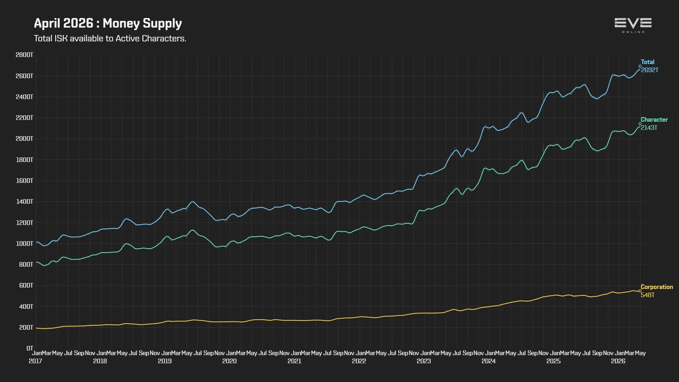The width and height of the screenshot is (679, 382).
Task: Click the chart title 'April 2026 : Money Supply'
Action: coord(108,23)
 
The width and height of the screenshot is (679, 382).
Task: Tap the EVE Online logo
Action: coord(633,25)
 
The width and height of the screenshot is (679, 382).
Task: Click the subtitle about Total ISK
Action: coord(110,38)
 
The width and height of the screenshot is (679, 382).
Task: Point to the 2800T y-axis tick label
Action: coord(24,55)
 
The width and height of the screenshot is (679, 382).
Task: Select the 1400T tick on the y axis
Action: coord(24,202)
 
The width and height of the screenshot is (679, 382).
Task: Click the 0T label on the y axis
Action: coord(30,348)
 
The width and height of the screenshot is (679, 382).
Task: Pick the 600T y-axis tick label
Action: coord(26,285)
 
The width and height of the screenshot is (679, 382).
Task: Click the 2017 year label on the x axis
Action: coord(35,361)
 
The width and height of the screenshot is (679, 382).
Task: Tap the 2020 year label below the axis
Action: coord(230,361)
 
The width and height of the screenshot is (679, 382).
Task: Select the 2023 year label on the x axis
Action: coord(424,361)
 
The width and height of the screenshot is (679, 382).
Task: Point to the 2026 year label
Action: coord(618,361)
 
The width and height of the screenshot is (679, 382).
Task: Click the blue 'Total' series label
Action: coord(648,62)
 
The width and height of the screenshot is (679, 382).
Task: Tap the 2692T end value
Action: coord(650,70)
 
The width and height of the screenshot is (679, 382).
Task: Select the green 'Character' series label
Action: coord(654,120)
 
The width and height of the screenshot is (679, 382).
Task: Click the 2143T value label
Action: coord(649,128)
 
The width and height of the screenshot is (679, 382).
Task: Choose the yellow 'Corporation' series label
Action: coord(657,287)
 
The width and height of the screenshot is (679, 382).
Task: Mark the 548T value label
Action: coord(648,295)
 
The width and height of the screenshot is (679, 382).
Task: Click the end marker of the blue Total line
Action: coord(640,66)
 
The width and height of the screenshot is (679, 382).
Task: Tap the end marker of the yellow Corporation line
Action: coord(640,291)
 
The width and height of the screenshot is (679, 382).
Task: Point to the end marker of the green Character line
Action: coord(640,124)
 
